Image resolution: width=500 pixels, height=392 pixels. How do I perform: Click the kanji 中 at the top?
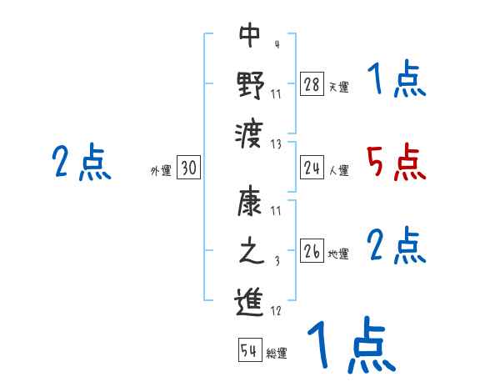tap(250, 35)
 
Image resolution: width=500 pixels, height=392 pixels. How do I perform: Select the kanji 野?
tap(250, 83)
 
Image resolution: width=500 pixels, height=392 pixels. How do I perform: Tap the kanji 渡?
tap(250, 131)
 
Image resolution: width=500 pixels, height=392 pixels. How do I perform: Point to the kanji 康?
tap(250, 204)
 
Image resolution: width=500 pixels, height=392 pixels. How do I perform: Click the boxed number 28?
tap(312, 84)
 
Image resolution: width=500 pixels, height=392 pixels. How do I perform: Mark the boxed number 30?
tap(188, 168)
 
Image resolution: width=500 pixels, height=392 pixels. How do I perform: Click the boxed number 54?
tap(249, 350)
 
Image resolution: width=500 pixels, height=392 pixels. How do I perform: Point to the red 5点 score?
tap(397, 163)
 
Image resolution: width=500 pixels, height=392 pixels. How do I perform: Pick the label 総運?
tap(277, 354)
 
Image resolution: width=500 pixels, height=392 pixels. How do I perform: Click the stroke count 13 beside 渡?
tap(277, 143)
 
